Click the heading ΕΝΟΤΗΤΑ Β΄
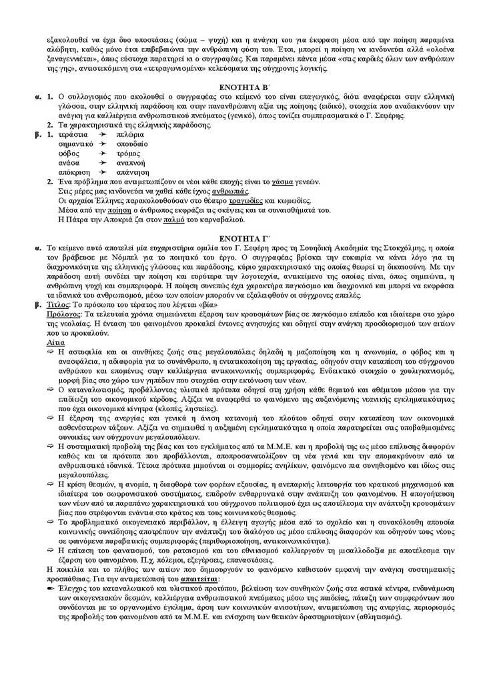coord(243,88)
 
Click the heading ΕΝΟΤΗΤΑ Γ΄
coord(243,238)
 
